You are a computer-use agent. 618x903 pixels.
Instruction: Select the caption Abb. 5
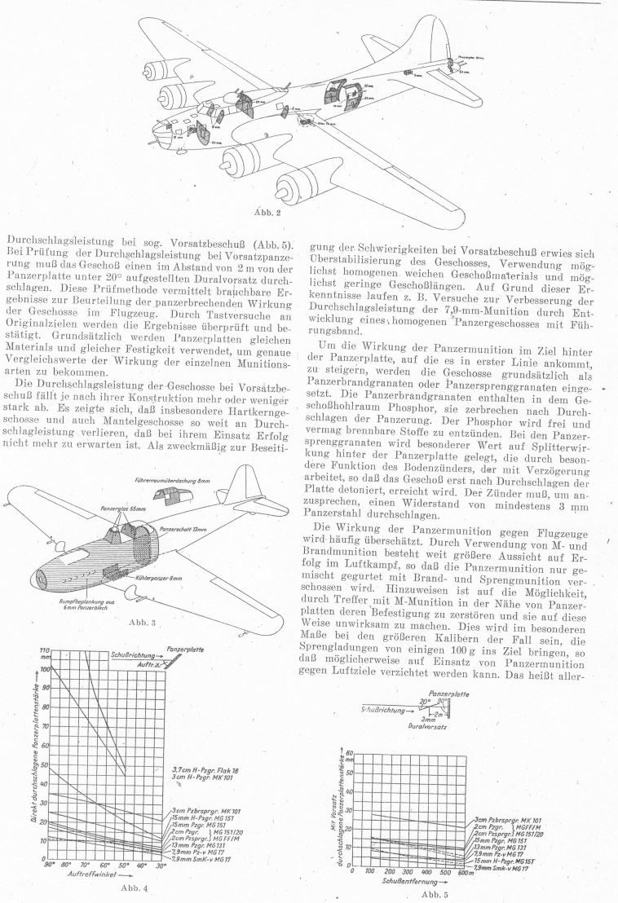click(x=430, y=894)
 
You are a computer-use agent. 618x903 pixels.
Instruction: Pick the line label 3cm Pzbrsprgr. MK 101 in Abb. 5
click(x=509, y=819)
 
